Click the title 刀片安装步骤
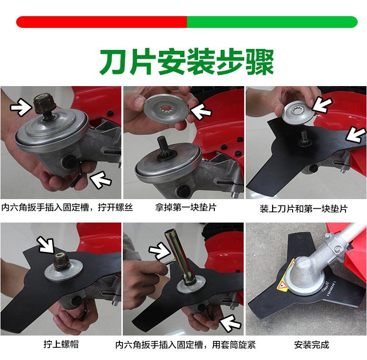click(186, 62)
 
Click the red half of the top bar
click(101, 22)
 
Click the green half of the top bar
click(272, 22)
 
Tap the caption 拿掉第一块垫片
click(185, 207)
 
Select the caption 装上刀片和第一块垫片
click(303, 209)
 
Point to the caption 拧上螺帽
click(61, 344)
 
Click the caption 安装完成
click(312, 345)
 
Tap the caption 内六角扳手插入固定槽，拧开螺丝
click(67, 207)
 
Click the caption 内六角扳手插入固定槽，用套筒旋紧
click(185, 345)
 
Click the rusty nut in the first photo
click(44, 104)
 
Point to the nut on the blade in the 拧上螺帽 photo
click(62, 262)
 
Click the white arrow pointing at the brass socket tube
click(160, 251)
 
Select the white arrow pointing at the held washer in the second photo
click(201, 111)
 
